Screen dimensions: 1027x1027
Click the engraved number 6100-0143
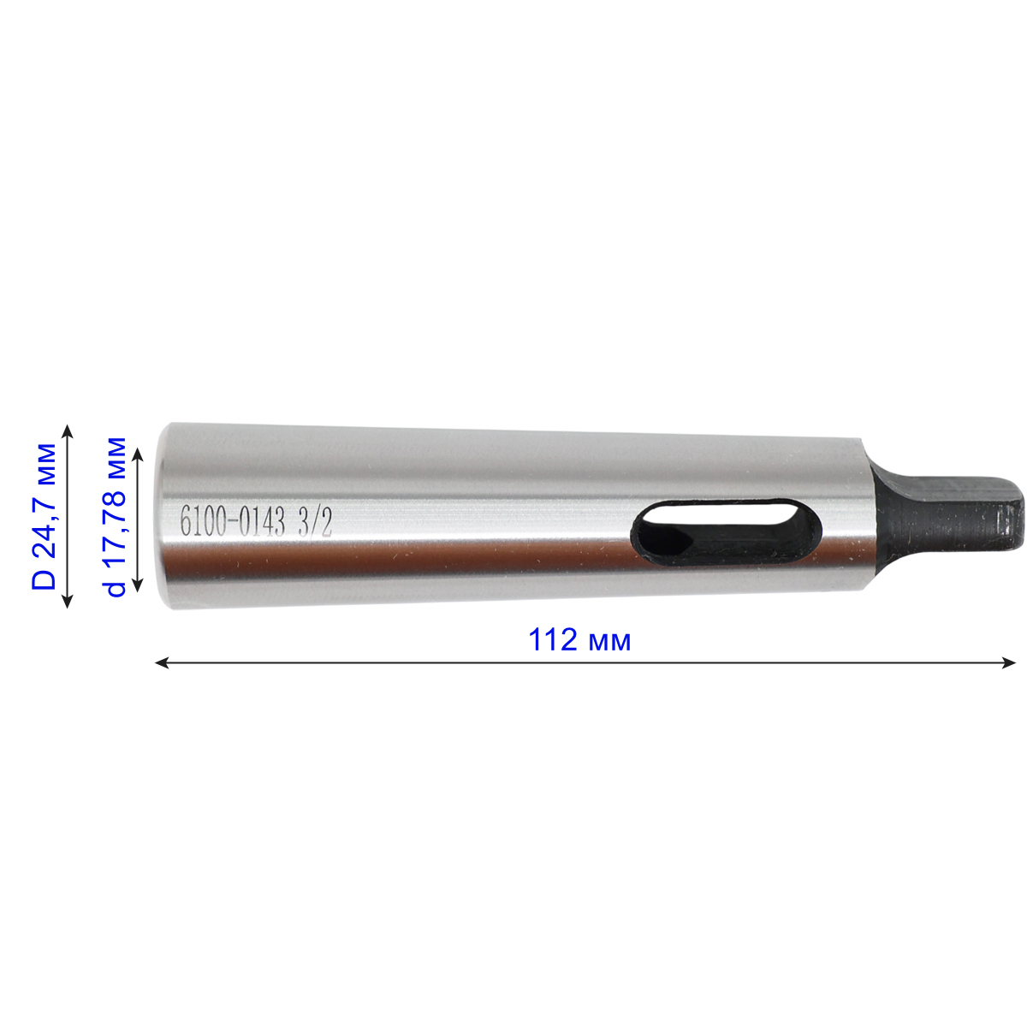(x=233, y=520)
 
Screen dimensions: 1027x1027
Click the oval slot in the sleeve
(x=726, y=534)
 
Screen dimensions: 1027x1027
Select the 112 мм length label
(x=579, y=639)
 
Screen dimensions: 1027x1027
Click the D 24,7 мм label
(x=45, y=516)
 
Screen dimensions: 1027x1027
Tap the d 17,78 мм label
(x=114, y=516)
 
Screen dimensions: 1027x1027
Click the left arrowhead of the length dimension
(x=162, y=663)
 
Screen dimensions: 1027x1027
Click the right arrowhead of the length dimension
(x=1008, y=663)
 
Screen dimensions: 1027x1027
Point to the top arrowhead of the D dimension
(x=68, y=431)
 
